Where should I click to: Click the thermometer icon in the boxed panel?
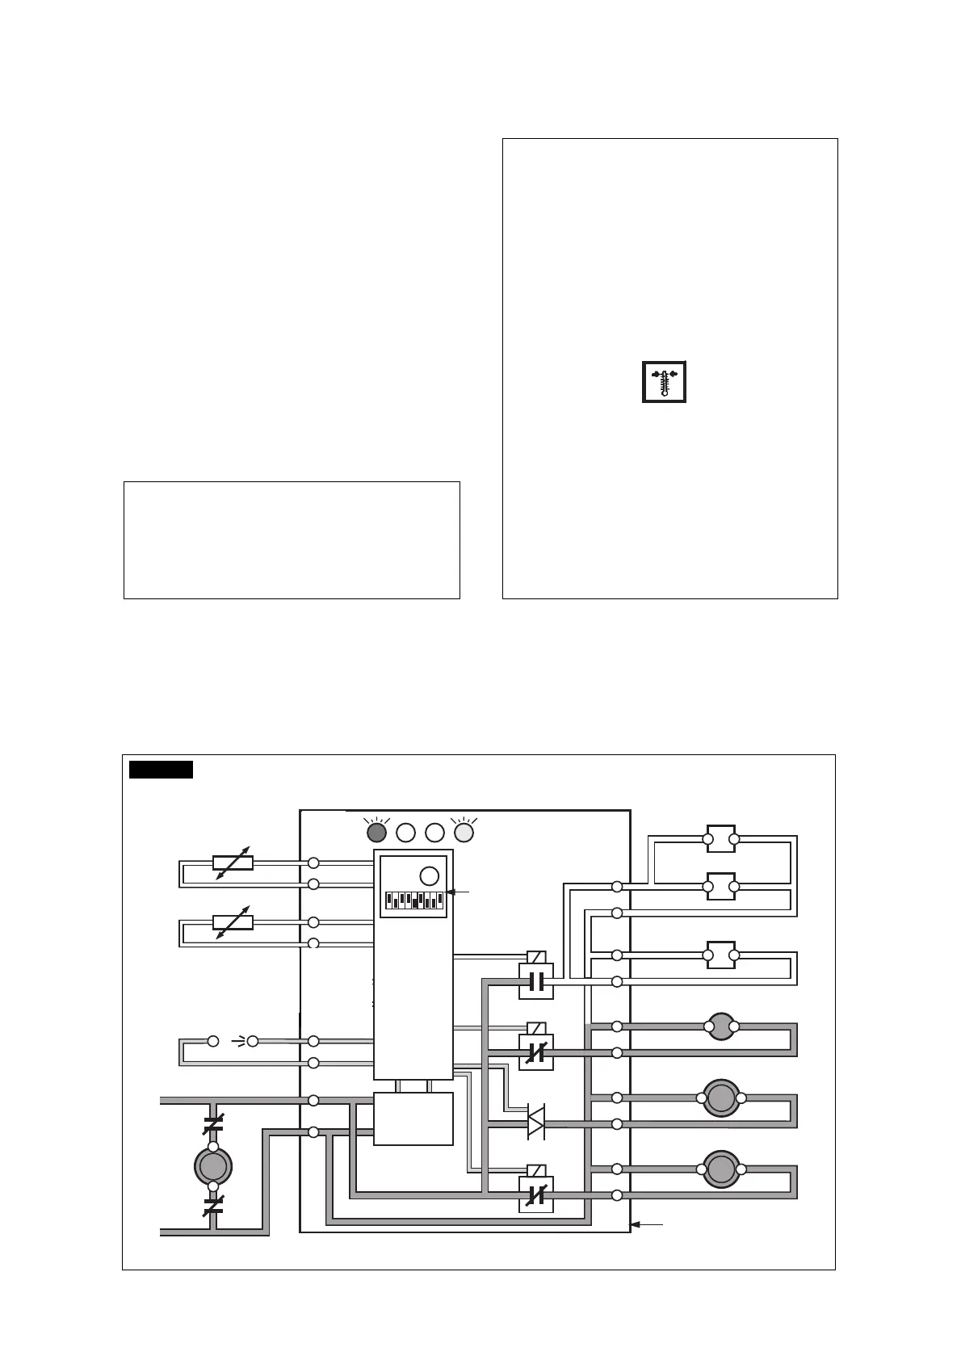click(x=664, y=382)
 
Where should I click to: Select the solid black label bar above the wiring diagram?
click(x=161, y=770)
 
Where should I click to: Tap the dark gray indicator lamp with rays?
click(x=376, y=832)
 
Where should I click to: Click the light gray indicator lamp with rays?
click(x=464, y=832)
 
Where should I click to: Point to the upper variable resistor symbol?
click(x=233, y=863)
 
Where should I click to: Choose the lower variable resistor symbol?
click(x=233, y=922)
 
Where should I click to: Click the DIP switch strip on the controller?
click(x=414, y=900)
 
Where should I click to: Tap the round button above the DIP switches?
click(x=430, y=876)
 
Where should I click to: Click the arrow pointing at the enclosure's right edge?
click(x=646, y=1225)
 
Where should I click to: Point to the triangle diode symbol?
click(x=535, y=1123)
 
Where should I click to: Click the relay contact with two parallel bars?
click(x=535, y=981)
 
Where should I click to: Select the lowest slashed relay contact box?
click(x=535, y=1194)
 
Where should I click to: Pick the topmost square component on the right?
click(x=720, y=839)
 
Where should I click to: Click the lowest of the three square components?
click(x=720, y=955)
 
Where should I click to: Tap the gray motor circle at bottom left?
click(x=213, y=1166)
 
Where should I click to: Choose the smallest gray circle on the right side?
click(x=720, y=1027)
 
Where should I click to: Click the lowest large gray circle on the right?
click(x=720, y=1169)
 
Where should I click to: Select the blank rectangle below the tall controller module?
click(x=413, y=1119)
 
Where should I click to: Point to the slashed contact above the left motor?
click(x=213, y=1123)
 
